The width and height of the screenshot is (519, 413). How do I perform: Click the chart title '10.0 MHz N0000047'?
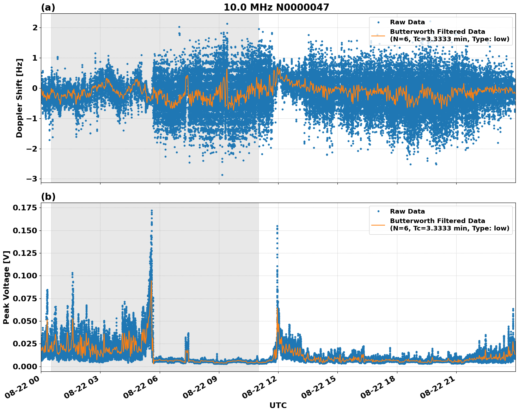point(276,7)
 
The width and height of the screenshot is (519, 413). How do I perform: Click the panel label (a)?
point(48,7)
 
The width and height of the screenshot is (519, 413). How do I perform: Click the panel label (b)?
point(48,197)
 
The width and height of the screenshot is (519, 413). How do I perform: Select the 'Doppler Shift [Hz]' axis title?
point(19,98)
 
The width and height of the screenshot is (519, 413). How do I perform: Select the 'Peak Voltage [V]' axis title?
point(6,287)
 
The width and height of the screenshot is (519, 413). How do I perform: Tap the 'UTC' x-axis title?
point(278,405)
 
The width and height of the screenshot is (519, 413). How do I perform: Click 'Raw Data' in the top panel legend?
point(407,22)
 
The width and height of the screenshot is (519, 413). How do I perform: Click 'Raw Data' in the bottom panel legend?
point(407,211)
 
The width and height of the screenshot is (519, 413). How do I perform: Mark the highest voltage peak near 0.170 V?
point(152,210)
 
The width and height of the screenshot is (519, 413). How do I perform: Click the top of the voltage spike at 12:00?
point(277,226)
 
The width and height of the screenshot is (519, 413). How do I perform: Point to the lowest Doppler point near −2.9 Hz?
point(222,175)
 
